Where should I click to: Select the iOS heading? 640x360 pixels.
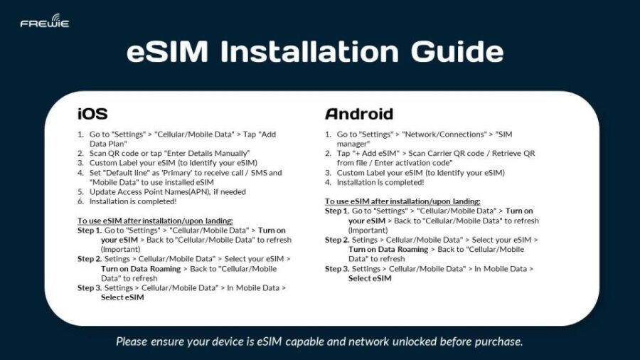click(92, 114)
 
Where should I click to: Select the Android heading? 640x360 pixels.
click(359, 114)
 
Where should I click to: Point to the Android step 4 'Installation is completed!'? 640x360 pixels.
click(381, 182)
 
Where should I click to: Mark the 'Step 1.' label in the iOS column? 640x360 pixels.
click(89, 231)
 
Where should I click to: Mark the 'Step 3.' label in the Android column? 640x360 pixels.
click(336, 269)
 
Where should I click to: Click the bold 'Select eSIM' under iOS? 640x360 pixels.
click(122, 297)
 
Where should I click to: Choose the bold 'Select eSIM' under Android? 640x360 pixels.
click(370, 278)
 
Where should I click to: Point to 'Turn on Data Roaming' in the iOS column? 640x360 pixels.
click(139, 269)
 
